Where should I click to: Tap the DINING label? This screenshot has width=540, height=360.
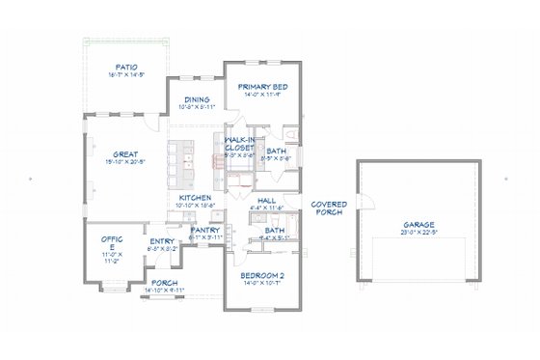point(198,98)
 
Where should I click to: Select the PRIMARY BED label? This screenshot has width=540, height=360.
point(263,85)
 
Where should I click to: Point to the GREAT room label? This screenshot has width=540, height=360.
point(124,152)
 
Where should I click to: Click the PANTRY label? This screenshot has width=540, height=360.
point(205,230)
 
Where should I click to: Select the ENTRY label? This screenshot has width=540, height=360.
point(160,241)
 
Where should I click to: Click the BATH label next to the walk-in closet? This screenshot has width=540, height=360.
point(275,152)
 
